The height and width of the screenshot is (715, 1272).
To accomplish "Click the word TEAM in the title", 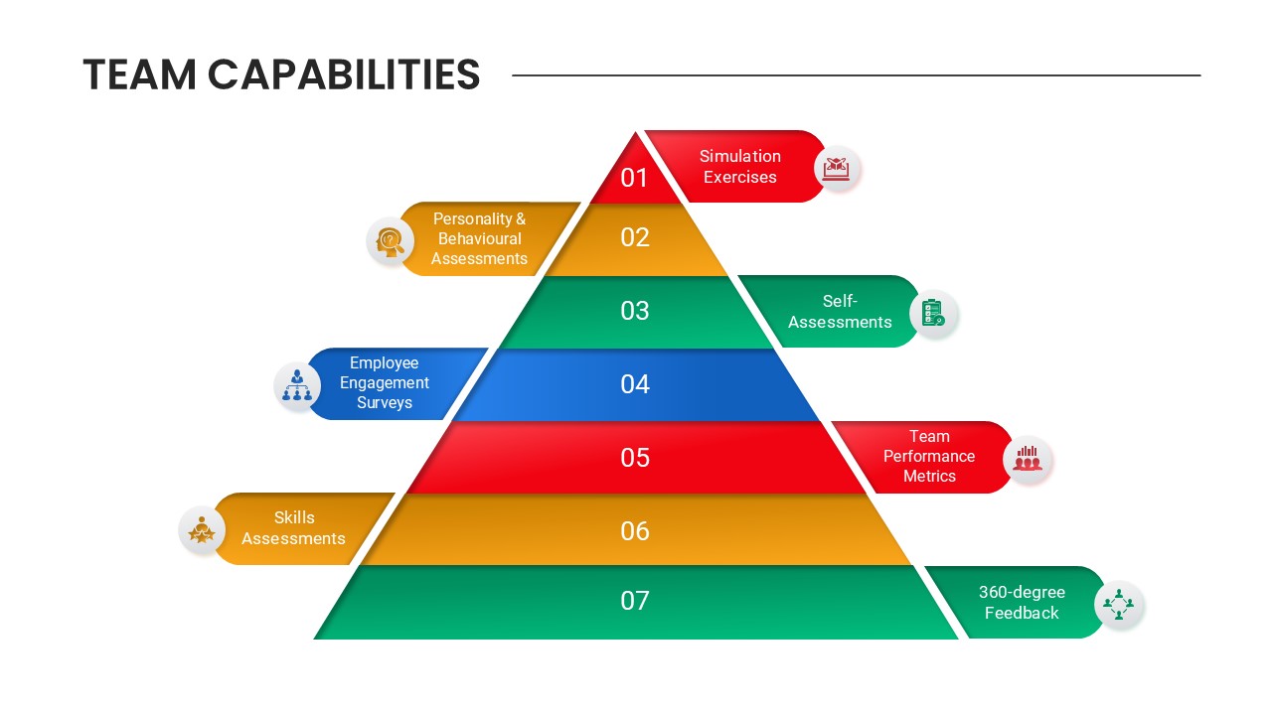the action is pyautogui.click(x=140, y=74).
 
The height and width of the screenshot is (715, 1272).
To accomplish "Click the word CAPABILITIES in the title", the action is pyautogui.click(x=344, y=74).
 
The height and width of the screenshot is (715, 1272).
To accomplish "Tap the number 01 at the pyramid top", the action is pyautogui.click(x=634, y=178).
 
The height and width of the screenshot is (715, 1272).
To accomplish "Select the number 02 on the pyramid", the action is pyautogui.click(x=635, y=237).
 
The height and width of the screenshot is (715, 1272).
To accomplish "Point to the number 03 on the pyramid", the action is pyautogui.click(x=635, y=311).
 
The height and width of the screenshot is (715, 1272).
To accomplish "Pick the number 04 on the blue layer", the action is pyautogui.click(x=635, y=384).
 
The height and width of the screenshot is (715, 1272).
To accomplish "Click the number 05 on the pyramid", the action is pyautogui.click(x=635, y=458).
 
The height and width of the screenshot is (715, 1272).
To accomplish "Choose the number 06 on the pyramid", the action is pyautogui.click(x=635, y=531).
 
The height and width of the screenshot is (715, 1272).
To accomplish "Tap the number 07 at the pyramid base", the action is pyautogui.click(x=635, y=601).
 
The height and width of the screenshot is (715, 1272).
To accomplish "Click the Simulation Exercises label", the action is pyautogui.click(x=740, y=166).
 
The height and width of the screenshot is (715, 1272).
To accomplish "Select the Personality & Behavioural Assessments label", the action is pyautogui.click(x=479, y=239).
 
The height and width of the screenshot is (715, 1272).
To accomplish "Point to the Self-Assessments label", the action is pyautogui.click(x=840, y=311).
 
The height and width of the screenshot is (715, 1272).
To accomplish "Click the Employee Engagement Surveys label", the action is pyautogui.click(x=385, y=382).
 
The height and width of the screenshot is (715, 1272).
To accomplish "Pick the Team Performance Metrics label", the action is pyautogui.click(x=929, y=456).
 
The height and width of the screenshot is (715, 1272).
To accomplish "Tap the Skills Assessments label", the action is pyautogui.click(x=293, y=527).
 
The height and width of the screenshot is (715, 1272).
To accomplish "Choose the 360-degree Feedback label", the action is pyautogui.click(x=1022, y=602).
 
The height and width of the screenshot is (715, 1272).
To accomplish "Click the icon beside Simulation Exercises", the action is pyautogui.click(x=837, y=169).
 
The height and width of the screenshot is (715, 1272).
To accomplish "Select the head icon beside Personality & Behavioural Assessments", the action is pyautogui.click(x=390, y=241).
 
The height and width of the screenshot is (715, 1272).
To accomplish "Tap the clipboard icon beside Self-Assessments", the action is pyautogui.click(x=932, y=314).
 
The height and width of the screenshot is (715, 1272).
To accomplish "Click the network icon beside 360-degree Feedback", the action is pyautogui.click(x=1118, y=604).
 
